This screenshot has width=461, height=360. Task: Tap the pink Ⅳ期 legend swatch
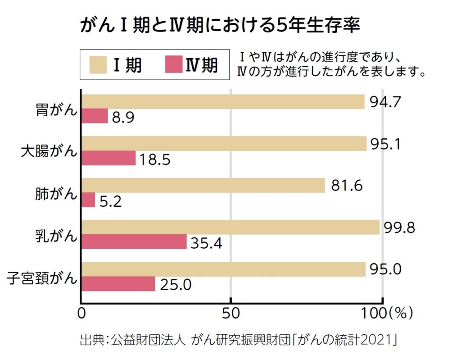click(173, 64)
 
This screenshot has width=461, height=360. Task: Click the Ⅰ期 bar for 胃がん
click(223, 102)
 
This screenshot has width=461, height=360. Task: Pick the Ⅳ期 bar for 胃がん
click(95, 116)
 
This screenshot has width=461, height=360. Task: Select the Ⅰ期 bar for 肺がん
click(203, 185)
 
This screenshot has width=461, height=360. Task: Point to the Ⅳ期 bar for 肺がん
click(89, 200)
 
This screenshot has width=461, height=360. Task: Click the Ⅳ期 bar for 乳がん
click(134, 242)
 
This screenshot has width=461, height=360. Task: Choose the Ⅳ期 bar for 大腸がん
click(108, 158)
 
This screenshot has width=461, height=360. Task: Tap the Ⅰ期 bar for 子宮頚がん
click(223, 269)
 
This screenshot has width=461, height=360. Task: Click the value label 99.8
click(399, 228)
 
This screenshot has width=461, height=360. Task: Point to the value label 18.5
click(154, 159)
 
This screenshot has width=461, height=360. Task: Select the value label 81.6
click(346, 186)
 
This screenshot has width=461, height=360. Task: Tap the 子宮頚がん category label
click(42, 277)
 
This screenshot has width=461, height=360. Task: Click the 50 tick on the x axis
click(230, 313)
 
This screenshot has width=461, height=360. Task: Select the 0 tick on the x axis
click(82, 313)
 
